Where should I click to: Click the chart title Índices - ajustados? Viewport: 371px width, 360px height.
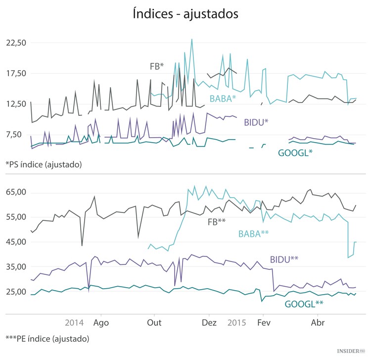click(x=185, y=14)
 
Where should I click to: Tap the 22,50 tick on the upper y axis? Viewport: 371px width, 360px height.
click(x=15, y=43)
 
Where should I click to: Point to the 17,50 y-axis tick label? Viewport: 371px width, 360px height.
click(x=15, y=73)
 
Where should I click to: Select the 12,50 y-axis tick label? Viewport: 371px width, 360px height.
click(x=15, y=104)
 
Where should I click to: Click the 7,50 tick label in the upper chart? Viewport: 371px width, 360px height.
click(x=17, y=134)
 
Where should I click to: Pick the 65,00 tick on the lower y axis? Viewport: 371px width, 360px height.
click(x=15, y=193)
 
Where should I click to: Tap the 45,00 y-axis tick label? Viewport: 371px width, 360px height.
click(x=15, y=242)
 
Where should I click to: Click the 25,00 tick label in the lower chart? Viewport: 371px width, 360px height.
click(x=15, y=292)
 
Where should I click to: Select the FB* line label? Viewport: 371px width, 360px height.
click(x=157, y=66)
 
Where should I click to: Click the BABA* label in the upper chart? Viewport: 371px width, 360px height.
click(x=223, y=99)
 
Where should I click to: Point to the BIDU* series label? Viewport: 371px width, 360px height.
click(x=256, y=122)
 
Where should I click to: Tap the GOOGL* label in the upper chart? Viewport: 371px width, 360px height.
click(x=295, y=153)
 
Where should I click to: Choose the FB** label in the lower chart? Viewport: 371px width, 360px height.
click(x=217, y=222)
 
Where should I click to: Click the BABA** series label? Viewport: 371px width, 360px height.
click(x=253, y=233)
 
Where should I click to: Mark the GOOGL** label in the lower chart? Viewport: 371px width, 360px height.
click(x=304, y=304)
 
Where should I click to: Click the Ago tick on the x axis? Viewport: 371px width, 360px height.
click(x=101, y=322)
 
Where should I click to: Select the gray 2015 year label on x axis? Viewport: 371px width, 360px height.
click(x=237, y=322)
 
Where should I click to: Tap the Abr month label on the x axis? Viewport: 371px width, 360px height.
click(x=317, y=322)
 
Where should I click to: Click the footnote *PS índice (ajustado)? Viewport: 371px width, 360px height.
click(x=44, y=164)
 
